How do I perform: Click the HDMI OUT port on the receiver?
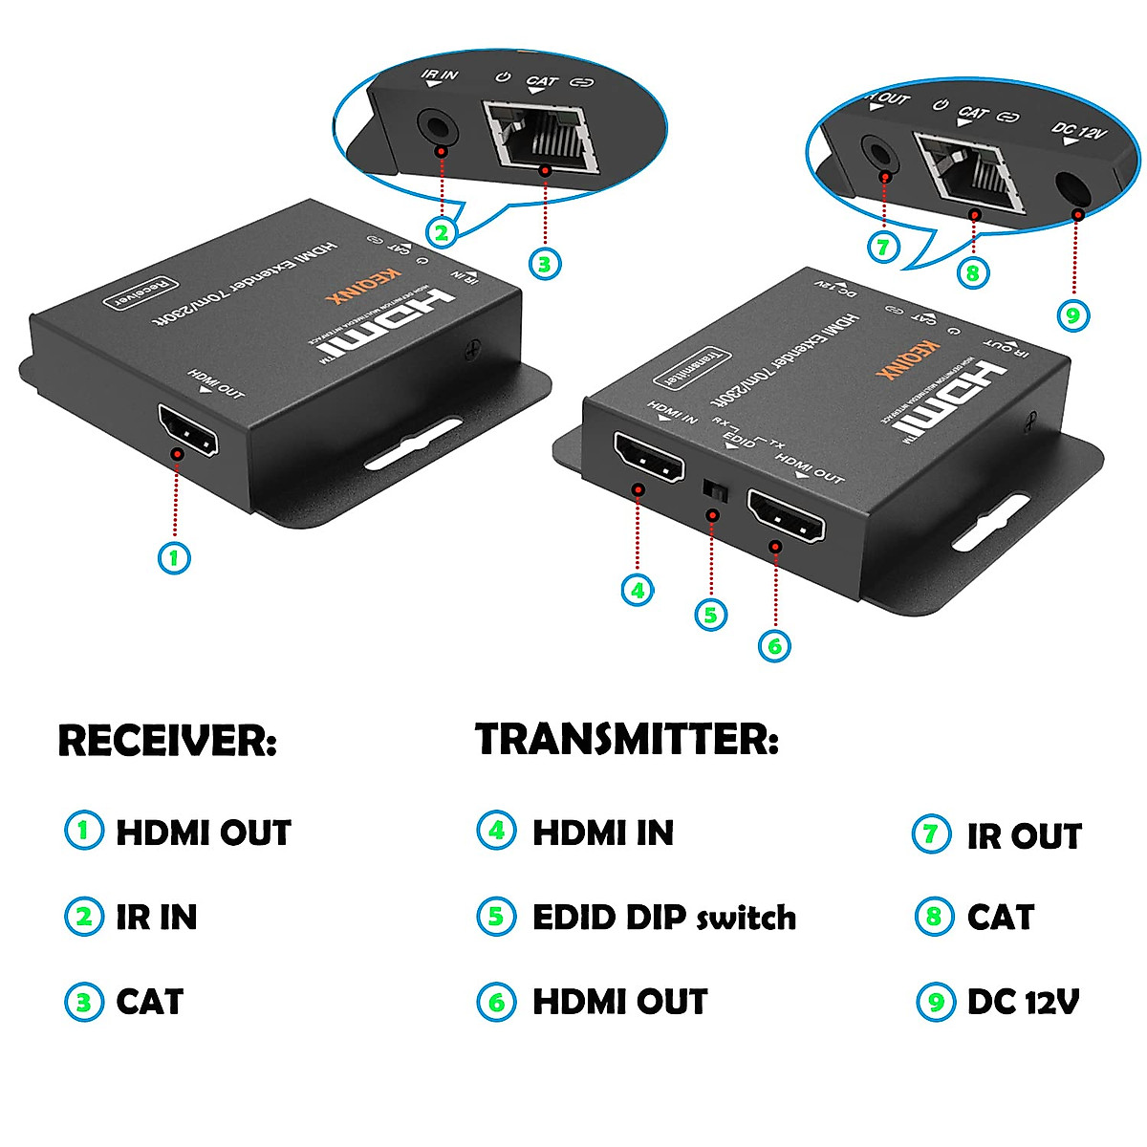pyautogui.click(x=187, y=431)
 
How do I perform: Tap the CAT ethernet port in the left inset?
pyautogui.click(x=540, y=136)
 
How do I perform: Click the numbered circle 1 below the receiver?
pyautogui.click(x=173, y=557)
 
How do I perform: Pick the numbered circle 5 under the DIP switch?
pyautogui.click(x=710, y=614)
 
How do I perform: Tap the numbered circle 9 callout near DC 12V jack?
pyautogui.click(x=1072, y=314)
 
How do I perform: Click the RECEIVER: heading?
pyautogui.click(x=167, y=741)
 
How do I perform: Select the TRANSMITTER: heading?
pyautogui.click(x=627, y=740)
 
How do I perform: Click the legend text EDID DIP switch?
pyautogui.click(x=664, y=918)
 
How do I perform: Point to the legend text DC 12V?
pyautogui.click(x=1024, y=1002)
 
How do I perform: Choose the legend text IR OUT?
pyautogui.click(x=1024, y=836)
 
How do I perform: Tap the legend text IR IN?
pyautogui.click(x=157, y=918)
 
